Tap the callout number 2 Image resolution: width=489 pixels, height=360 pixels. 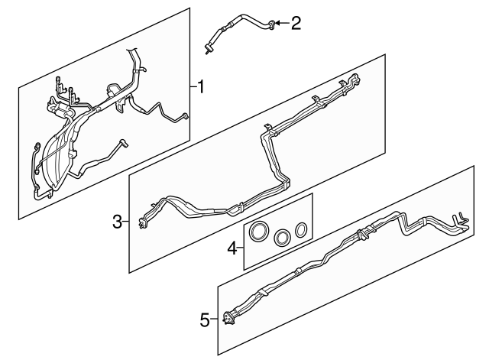pyautogui.click(x=296, y=23)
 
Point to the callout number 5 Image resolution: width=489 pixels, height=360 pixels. pyautogui.click(x=205, y=320)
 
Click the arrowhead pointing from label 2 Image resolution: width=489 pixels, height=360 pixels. pyautogui.click(x=279, y=24)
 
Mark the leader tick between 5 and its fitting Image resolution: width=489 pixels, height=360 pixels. pyautogui.click(x=215, y=320)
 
